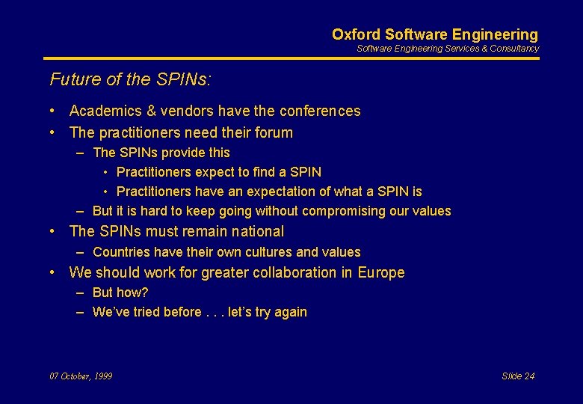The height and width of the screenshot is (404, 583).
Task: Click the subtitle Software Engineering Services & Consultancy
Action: [447, 49]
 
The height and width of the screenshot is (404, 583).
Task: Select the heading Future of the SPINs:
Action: [125, 79]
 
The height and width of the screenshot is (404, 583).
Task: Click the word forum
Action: [274, 133]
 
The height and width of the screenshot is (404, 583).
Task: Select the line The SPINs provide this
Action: [161, 153]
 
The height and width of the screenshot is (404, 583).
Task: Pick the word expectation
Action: [286, 192]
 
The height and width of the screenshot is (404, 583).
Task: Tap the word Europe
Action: [380, 273]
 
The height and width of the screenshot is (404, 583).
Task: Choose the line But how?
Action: [120, 293]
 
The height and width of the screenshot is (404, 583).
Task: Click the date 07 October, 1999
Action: [81, 376]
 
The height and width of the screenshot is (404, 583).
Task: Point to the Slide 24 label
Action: [518, 376]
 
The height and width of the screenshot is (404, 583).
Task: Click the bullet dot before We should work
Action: [54, 273]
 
